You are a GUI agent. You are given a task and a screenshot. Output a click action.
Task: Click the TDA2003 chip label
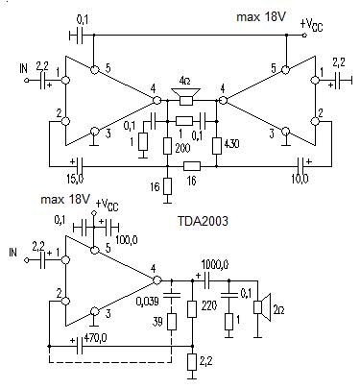click(x=203, y=221)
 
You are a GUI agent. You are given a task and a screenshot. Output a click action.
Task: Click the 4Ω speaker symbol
click(x=185, y=96)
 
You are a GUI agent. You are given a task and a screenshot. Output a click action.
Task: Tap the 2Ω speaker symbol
click(x=263, y=307)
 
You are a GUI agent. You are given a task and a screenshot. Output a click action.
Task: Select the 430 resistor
click(x=217, y=146)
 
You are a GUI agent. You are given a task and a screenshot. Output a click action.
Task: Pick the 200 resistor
click(x=167, y=146)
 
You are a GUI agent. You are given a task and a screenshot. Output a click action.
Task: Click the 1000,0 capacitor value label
click(x=215, y=265)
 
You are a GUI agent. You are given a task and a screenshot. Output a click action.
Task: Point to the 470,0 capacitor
click(x=80, y=346)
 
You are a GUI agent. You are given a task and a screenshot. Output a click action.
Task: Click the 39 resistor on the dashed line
click(x=172, y=322)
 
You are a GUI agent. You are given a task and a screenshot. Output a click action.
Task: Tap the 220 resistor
click(x=192, y=308)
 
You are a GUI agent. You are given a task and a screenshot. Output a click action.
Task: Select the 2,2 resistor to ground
click(x=192, y=362)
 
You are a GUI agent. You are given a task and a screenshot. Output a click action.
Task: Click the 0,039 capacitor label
click(x=147, y=301)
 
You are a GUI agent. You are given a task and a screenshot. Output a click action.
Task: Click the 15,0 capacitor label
click(x=75, y=178)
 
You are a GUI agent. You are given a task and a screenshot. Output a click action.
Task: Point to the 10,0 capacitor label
click(x=300, y=178)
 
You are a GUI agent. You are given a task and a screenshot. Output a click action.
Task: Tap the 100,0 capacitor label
click(x=126, y=239)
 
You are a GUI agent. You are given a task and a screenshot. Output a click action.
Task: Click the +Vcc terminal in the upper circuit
click(x=304, y=36)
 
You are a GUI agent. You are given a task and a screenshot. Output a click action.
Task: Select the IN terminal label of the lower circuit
click(x=12, y=252)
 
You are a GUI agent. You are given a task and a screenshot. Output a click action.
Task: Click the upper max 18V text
click(x=260, y=16)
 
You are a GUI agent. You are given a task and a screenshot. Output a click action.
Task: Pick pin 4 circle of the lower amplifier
click(x=156, y=280)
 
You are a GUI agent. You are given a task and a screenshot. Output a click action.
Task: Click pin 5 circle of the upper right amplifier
click(x=285, y=70)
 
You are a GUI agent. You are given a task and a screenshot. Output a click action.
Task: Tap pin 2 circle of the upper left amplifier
click(x=65, y=121)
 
